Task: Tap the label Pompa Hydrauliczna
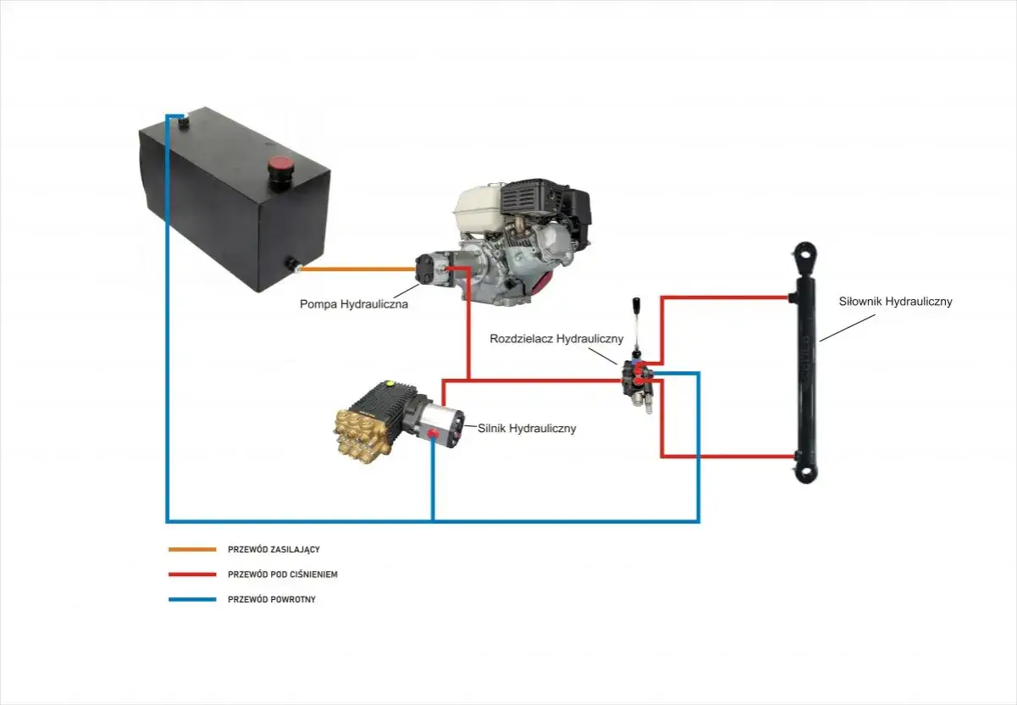354,304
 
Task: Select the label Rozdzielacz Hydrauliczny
556,339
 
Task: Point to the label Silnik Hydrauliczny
527,429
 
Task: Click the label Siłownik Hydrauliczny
895,302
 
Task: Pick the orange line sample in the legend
192,550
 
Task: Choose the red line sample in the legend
192,575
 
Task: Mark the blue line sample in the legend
192,600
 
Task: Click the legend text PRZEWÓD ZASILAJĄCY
274,550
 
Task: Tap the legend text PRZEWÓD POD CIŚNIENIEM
282,575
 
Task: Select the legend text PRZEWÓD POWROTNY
272,600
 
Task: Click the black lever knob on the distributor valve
637,303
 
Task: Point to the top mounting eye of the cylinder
806,255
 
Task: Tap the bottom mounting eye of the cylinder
806,471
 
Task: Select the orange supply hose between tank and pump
357,269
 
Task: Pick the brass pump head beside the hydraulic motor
362,436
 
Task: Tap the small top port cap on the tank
183,123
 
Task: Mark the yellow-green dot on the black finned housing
388,383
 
